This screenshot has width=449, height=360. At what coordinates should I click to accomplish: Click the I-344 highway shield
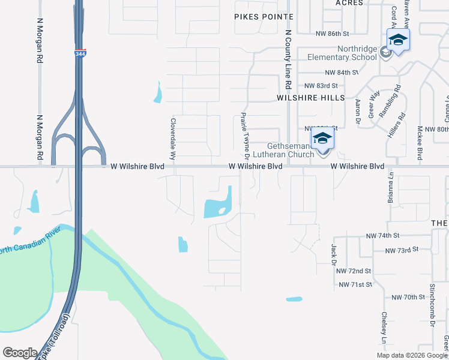(x=80, y=53)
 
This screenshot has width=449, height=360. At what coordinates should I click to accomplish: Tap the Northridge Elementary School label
(x=342, y=53)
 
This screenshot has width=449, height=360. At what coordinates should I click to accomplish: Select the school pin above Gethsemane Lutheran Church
(x=322, y=139)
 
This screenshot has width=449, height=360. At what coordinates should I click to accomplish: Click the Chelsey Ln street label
(x=384, y=329)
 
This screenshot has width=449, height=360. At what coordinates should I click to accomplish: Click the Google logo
(x=20, y=353)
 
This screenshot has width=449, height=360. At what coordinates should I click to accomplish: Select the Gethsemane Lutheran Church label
(x=291, y=150)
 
